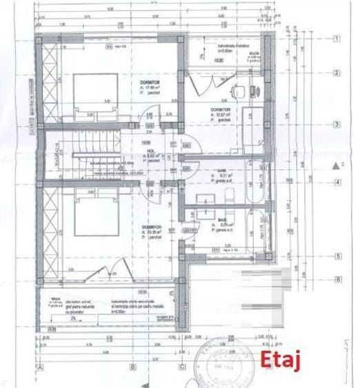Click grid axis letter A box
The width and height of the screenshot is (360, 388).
[41, 367]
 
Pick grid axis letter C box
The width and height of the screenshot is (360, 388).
[182, 367]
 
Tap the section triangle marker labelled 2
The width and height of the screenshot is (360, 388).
[336, 165]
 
